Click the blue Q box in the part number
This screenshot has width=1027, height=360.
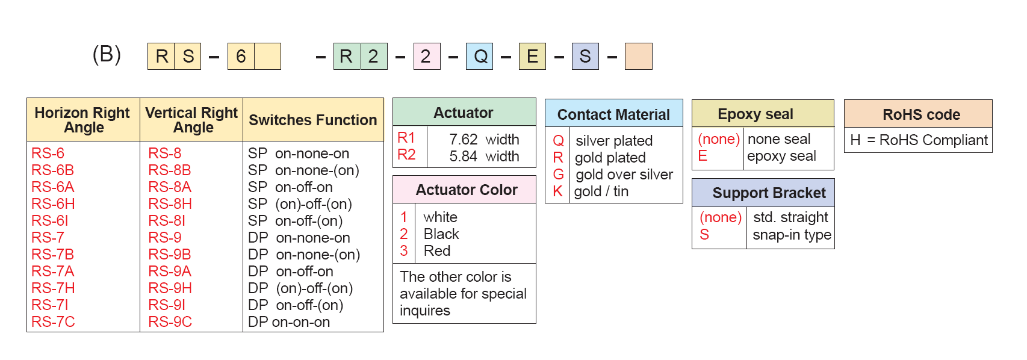click(x=479, y=57)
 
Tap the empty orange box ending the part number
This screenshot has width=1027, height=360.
click(x=638, y=57)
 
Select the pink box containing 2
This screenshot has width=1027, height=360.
click(x=427, y=57)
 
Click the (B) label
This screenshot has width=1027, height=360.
click(x=107, y=55)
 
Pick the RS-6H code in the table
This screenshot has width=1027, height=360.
click(x=53, y=203)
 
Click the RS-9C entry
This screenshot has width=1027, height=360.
click(x=170, y=322)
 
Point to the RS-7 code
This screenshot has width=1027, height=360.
click(x=47, y=238)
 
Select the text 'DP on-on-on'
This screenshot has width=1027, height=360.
click(x=289, y=322)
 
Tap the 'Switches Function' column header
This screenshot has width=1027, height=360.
click(x=312, y=120)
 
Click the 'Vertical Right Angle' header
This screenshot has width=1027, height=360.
click(x=191, y=120)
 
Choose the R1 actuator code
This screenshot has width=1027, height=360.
click(x=406, y=138)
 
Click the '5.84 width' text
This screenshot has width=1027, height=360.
click(x=484, y=157)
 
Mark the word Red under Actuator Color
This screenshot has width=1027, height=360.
click(x=437, y=251)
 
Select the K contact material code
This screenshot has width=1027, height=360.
click(x=557, y=191)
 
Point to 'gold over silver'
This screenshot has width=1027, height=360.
click(x=624, y=175)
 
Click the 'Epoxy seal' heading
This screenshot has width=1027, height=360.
click(x=755, y=114)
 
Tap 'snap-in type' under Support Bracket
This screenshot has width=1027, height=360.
click(x=792, y=235)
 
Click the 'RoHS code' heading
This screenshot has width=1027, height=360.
click(x=921, y=114)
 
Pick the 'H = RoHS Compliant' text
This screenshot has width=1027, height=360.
click(x=919, y=140)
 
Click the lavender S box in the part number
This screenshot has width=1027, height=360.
click(x=585, y=57)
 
